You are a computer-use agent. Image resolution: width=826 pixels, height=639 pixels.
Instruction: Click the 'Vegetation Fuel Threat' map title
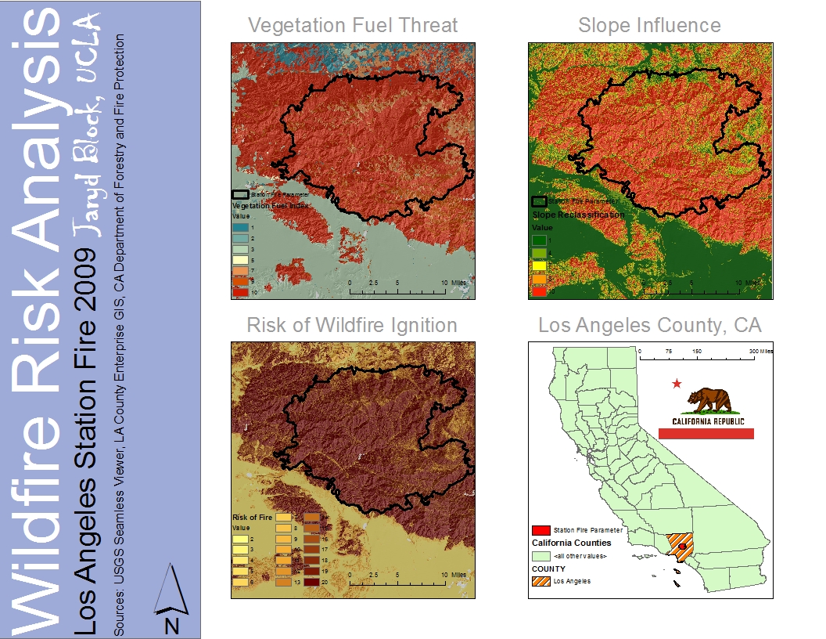[x=353, y=25]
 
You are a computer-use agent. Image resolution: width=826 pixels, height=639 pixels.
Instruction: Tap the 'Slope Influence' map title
[x=649, y=25]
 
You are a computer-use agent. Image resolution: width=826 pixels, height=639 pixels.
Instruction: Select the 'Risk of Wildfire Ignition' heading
[x=352, y=324]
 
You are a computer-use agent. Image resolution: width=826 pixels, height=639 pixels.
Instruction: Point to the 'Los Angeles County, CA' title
[x=649, y=324]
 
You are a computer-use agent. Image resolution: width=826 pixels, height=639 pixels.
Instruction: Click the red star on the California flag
[x=677, y=384]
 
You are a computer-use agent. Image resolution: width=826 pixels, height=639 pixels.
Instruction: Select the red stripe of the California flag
[x=706, y=433]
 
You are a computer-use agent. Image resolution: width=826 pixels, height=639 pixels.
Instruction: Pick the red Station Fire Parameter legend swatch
[x=540, y=530]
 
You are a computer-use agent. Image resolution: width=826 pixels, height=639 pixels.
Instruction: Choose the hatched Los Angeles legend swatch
[x=540, y=581]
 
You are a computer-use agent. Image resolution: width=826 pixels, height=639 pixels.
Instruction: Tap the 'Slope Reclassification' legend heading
[x=579, y=215]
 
